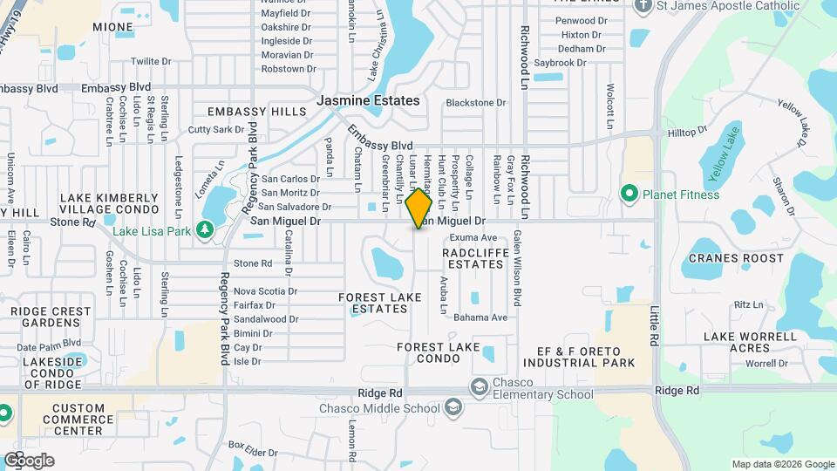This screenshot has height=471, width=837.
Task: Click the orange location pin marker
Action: click(x=418, y=208)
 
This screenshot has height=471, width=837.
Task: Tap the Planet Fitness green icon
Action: click(x=627, y=193)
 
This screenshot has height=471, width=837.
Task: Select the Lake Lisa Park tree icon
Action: click(x=204, y=229)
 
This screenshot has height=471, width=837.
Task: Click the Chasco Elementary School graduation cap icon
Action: click(x=478, y=386)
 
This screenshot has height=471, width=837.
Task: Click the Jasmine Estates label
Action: click(x=367, y=100)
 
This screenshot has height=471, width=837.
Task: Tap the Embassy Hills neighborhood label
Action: click(x=256, y=112)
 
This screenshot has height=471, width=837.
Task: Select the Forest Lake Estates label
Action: click(x=379, y=303)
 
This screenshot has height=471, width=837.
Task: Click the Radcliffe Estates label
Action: click(x=473, y=257)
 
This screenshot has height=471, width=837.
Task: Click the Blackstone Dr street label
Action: click(x=475, y=103)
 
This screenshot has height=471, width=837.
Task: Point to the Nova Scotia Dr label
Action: click(x=265, y=291)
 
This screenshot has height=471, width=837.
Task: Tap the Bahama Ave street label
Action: click(x=480, y=317)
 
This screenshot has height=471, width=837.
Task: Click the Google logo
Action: click(x=29, y=460)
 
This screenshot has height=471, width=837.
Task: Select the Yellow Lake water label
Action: click(x=723, y=155)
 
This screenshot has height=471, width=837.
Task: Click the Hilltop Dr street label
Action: click(x=687, y=132)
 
